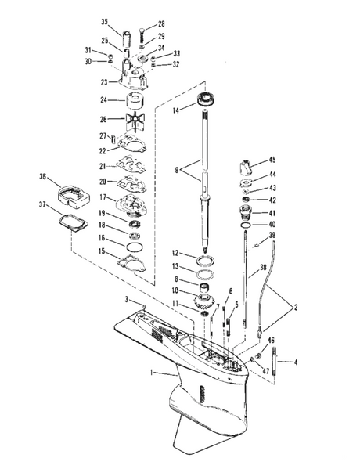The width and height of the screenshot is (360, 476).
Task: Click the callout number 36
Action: [x=43, y=176]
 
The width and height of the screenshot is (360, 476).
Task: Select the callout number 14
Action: [x=176, y=110]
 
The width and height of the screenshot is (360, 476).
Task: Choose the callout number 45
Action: [x=272, y=160]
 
